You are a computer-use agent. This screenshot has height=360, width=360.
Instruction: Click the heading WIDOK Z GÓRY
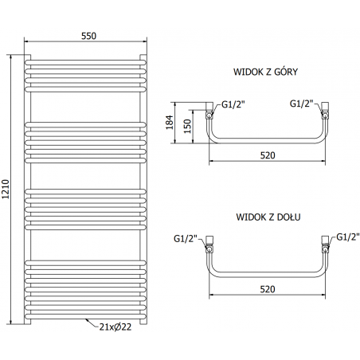(265, 72)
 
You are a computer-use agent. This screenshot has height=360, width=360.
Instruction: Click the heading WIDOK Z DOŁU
(267, 216)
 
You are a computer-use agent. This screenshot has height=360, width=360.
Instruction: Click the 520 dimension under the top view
(267, 155)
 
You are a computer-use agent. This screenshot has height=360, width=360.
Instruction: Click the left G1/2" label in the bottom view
(185, 237)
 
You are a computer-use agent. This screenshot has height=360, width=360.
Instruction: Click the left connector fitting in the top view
(209, 112)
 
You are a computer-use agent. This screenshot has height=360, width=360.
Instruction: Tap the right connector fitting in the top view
(325, 112)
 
